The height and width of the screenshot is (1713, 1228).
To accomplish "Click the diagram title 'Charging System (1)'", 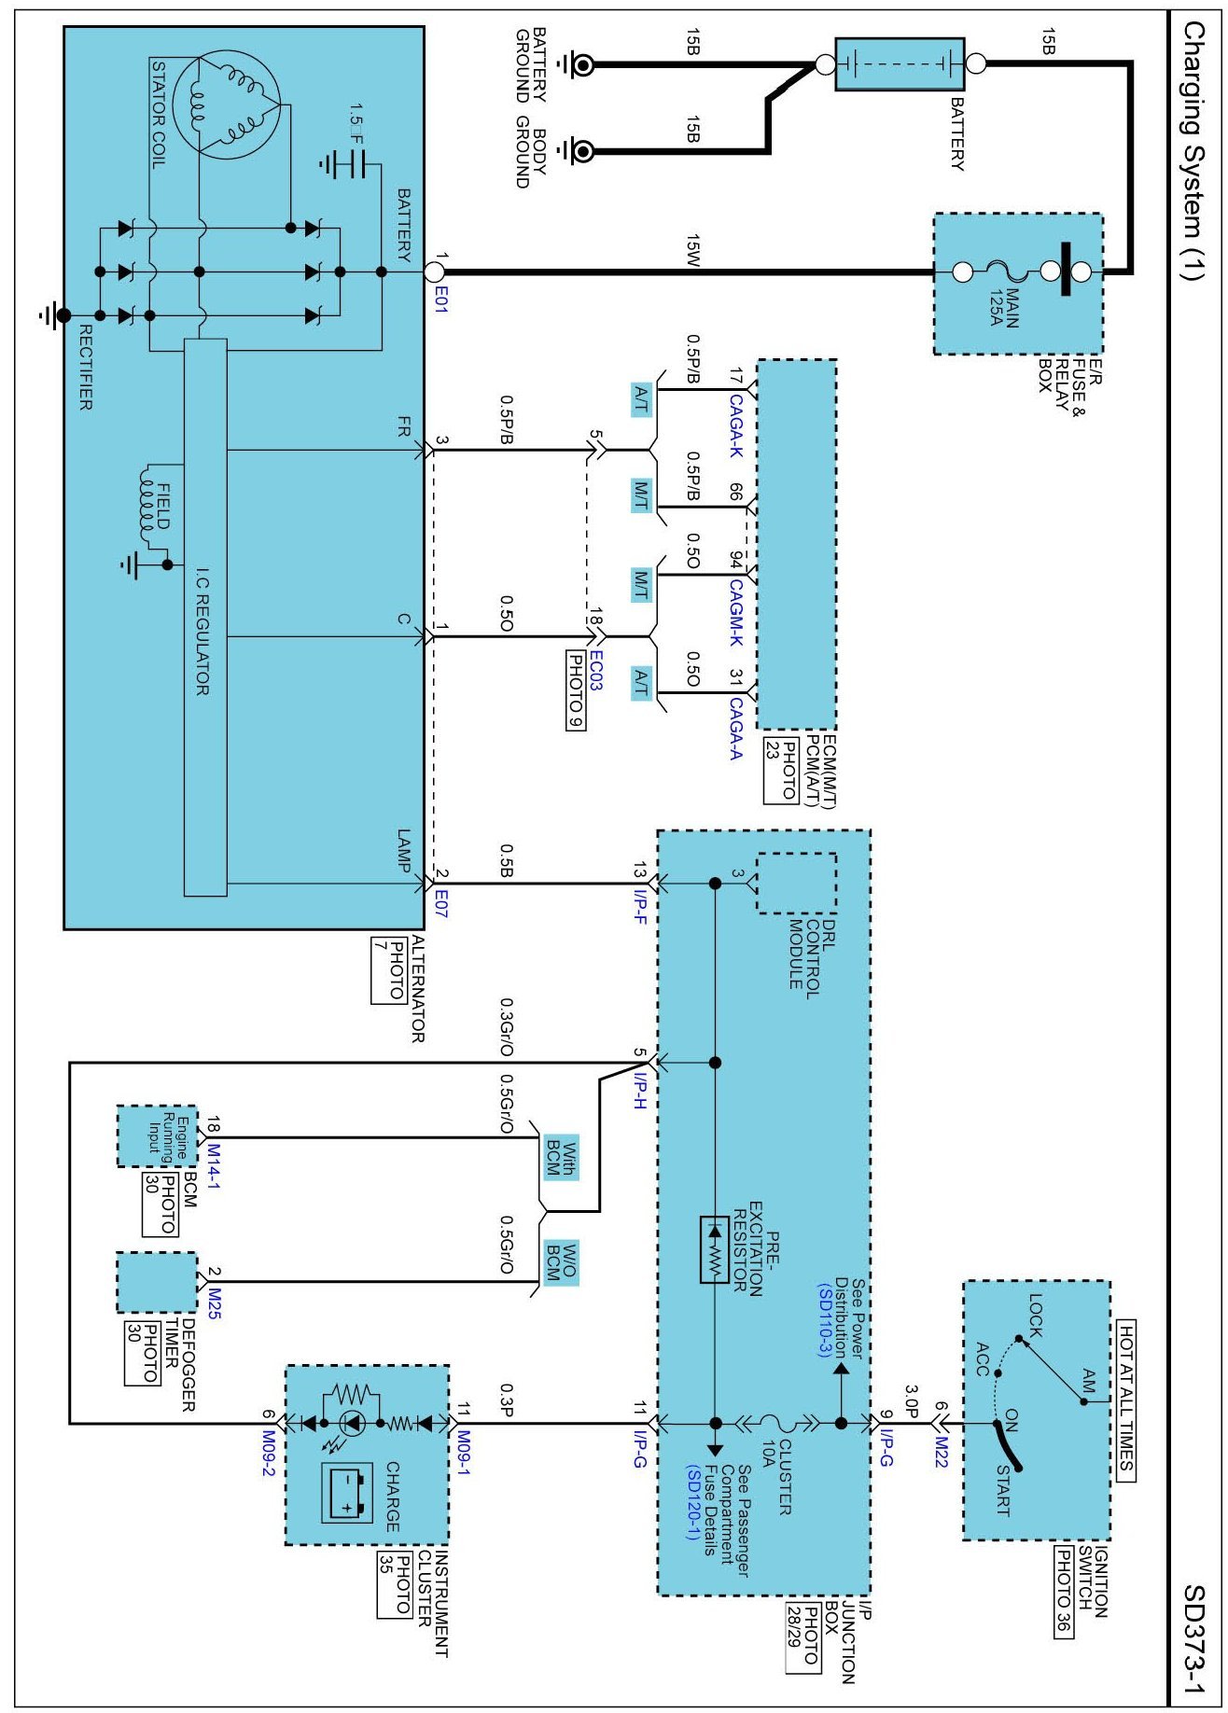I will [1195, 149].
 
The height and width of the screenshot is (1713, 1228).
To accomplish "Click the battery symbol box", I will [899, 64].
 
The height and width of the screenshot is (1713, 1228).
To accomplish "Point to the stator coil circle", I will [228, 104].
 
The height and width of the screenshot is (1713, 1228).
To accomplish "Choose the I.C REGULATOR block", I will [205, 616].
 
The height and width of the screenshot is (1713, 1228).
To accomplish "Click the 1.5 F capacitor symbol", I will [342, 165].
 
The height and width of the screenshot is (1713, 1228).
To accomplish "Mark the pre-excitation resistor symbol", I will [715, 1250].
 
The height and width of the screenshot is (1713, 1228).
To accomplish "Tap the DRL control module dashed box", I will [795, 883].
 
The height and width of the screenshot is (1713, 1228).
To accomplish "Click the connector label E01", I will [440, 299].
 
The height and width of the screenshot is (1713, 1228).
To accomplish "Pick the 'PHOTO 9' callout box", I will [577, 690].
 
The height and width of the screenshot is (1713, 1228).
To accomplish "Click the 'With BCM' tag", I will [562, 1157].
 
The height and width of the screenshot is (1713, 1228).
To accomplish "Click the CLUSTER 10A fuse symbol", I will [774, 1424].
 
